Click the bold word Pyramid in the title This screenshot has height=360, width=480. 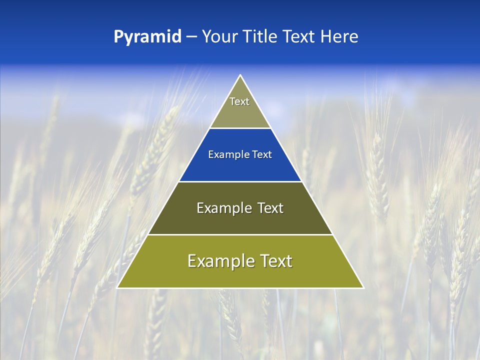coord(147,37)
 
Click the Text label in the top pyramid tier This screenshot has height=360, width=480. coord(239,101)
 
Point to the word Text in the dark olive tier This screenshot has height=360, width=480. coord(270,208)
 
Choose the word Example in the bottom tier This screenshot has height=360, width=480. coord(219,261)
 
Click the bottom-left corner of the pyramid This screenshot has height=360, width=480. coord(117,287)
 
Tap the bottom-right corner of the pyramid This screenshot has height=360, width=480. coord(363,287)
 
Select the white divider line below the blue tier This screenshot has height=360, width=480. coord(240,181)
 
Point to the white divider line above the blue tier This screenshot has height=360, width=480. coord(240,128)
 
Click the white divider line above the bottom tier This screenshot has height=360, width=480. coord(240,234)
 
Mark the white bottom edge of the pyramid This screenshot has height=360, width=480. coord(240,288)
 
